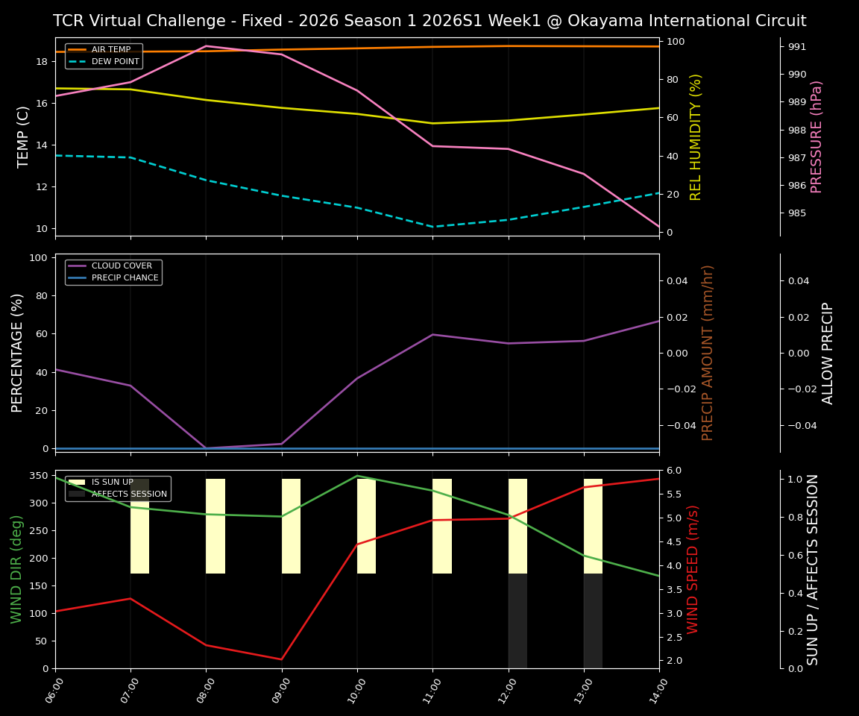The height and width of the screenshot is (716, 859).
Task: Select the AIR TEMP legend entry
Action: coord(110,50)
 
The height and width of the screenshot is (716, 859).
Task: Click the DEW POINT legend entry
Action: coord(115,61)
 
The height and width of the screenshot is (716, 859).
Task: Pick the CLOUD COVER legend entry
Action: coord(122,266)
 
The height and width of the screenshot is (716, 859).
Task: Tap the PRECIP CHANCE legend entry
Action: coord(125,278)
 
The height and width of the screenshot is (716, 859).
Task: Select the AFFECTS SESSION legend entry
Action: coord(128,494)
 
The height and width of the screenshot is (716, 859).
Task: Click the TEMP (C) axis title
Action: coord(24,136)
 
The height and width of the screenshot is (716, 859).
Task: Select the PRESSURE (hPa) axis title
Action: coord(817,136)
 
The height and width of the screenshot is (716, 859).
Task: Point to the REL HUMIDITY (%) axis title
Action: coord(696,136)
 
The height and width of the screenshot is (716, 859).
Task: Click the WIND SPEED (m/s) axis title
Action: coord(693,569)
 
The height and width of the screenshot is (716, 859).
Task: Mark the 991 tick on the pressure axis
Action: coord(797,47)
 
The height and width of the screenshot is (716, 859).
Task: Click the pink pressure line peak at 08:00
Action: coord(207,45)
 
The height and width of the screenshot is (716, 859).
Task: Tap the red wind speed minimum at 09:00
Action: coord(282,659)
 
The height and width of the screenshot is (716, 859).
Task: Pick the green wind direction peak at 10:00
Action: coord(357,476)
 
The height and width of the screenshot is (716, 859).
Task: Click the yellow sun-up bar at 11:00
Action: coord(442,526)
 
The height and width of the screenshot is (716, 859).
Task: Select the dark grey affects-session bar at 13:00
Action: coord(593,621)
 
